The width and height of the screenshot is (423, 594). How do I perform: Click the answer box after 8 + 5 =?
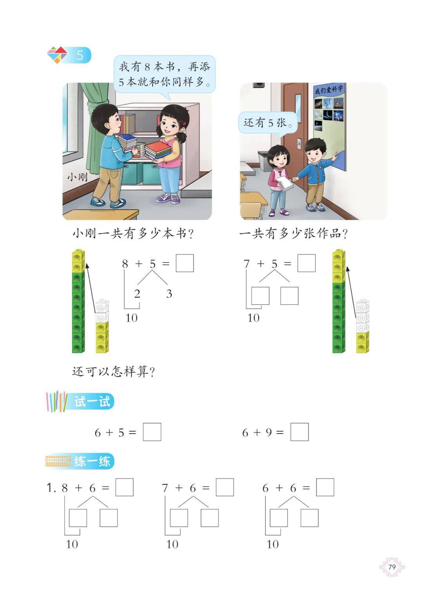[x=185, y=263]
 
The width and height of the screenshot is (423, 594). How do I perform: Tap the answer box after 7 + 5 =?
[x=307, y=263]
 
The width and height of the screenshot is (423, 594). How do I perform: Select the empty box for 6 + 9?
[x=299, y=432]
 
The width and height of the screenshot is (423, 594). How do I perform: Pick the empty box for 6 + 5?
[x=152, y=432]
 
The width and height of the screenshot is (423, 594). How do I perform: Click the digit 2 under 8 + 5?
[x=137, y=294]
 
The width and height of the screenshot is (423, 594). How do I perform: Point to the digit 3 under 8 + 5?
[x=169, y=294]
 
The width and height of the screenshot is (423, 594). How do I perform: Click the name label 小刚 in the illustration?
[x=78, y=177]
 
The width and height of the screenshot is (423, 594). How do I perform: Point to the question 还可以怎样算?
[x=113, y=371]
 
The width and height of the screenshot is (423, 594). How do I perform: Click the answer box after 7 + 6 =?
[x=225, y=488]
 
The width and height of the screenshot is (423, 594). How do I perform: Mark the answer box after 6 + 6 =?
[x=325, y=488]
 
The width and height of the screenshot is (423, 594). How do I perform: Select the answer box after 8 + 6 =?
[x=125, y=488]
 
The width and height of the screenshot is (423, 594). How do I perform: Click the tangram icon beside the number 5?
[x=57, y=55]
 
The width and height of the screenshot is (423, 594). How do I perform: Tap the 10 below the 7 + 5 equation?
[x=253, y=318]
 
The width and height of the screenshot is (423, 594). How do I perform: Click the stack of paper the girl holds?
[x=284, y=184]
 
